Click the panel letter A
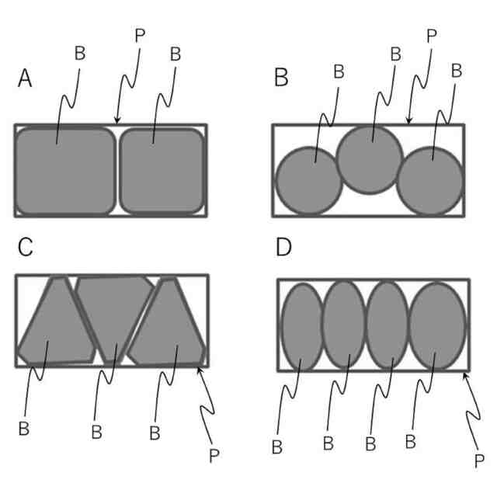point(26,78)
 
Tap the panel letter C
point(26,247)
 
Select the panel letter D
point(283,248)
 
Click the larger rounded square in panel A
point(65,171)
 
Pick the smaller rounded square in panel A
point(162,171)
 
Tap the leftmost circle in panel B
point(308,181)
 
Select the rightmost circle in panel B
point(430,180)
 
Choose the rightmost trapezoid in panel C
point(169,326)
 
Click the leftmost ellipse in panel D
point(301,327)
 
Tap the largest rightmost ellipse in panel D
point(436,325)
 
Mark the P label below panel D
point(479,461)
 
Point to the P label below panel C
point(214,456)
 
